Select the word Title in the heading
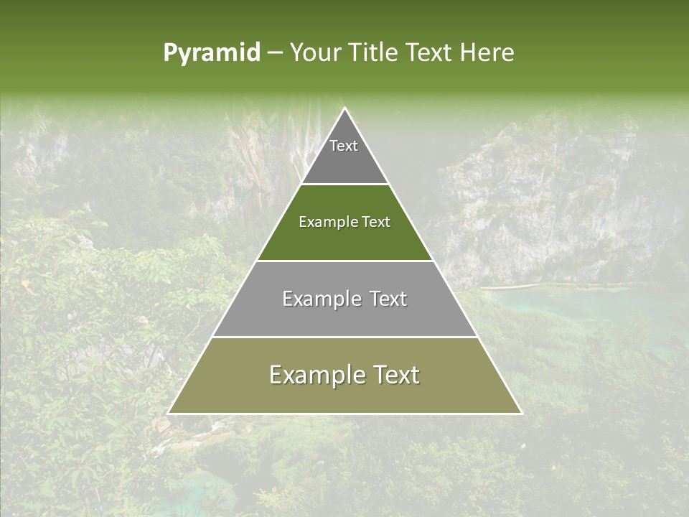[x=375, y=53]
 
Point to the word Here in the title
[x=488, y=53]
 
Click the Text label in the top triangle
[x=344, y=146]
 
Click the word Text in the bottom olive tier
[x=393, y=375]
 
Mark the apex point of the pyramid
[x=345, y=108]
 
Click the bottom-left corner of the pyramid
[x=169, y=413]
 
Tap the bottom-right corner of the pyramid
[x=521, y=413]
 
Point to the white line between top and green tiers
[x=345, y=185]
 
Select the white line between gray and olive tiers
[x=345, y=337]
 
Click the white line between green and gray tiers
[x=345, y=261]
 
